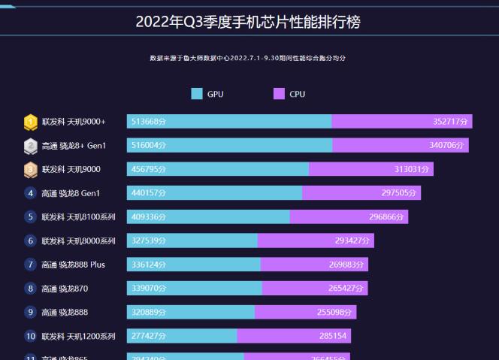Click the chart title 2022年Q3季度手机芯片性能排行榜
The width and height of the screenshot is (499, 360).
(248, 22)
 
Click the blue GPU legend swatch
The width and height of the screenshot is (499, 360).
(197, 94)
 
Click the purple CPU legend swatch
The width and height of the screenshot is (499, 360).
(279, 94)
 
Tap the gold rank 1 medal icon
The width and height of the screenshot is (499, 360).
(31, 122)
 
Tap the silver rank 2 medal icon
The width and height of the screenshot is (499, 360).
(31, 146)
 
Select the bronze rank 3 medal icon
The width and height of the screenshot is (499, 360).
(31, 170)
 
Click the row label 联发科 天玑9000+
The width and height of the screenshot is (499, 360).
(74, 122)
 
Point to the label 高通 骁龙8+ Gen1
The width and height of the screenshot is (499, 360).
(74, 146)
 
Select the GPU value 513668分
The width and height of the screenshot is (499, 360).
(149, 122)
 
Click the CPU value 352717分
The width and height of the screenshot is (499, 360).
(450, 122)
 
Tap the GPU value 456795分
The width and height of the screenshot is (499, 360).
(149, 170)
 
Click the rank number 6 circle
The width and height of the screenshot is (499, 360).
(31, 241)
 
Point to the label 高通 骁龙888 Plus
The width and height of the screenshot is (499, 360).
(74, 265)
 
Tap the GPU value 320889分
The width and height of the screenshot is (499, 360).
(149, 313)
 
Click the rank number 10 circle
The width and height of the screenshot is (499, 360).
(31, 336)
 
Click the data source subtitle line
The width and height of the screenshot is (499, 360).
(248, 58)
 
